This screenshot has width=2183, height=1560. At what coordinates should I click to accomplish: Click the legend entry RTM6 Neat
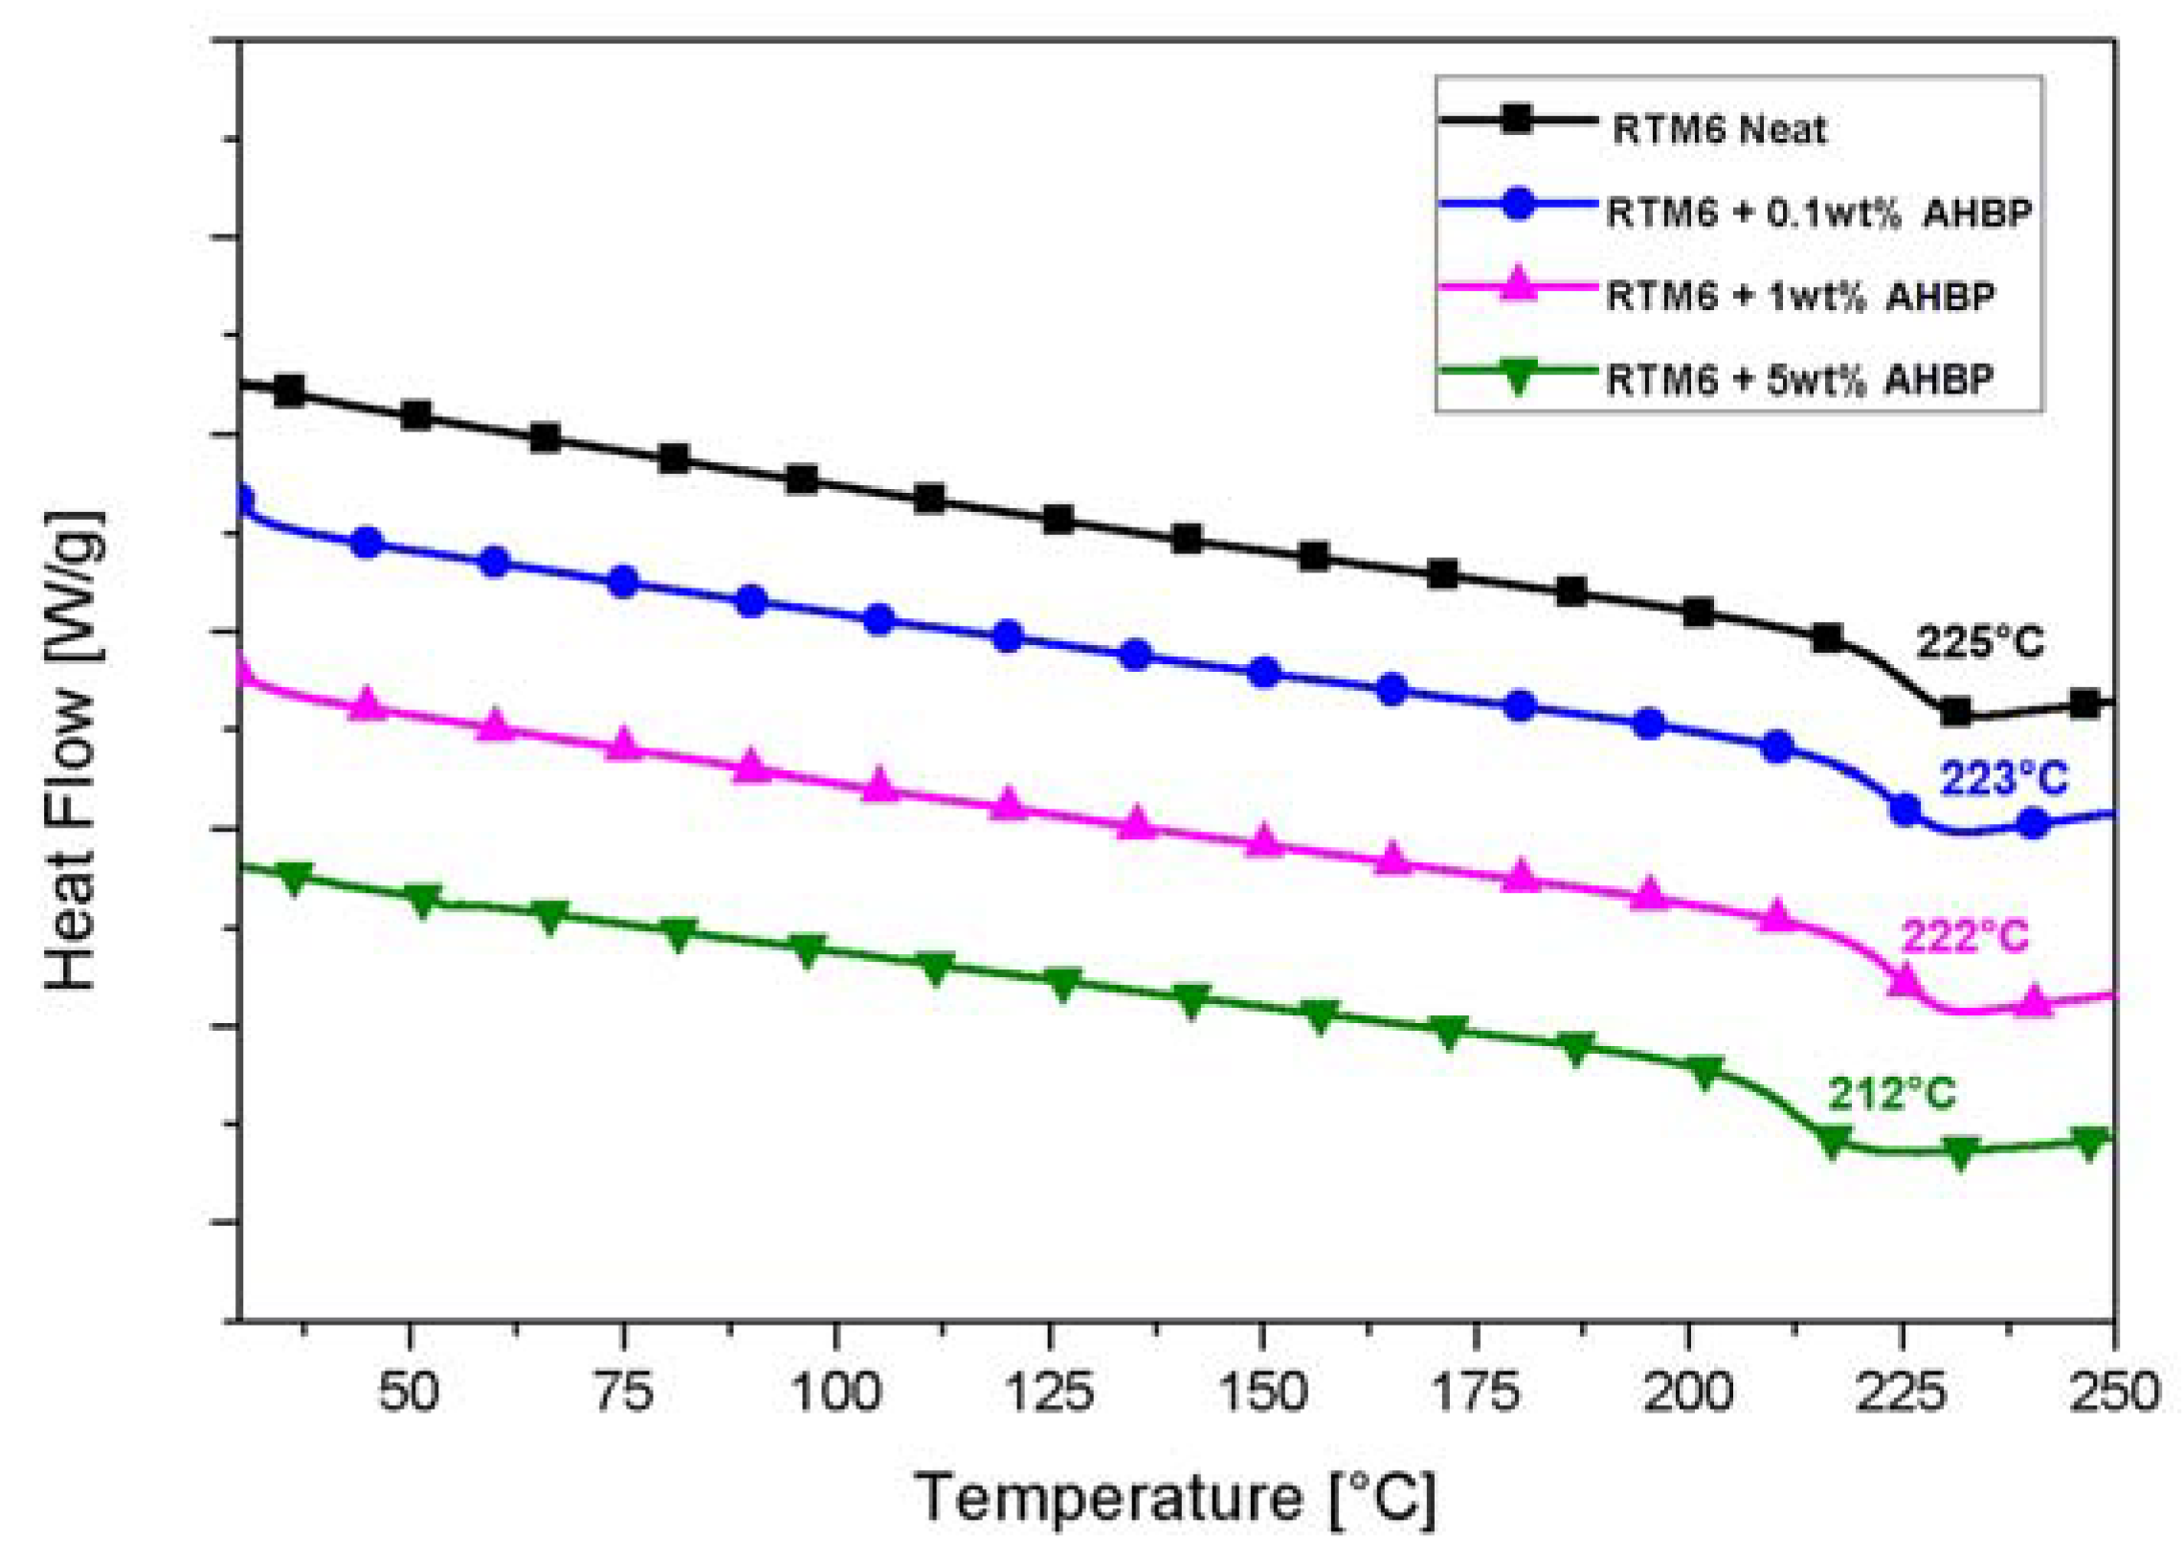[x=1718, y=128]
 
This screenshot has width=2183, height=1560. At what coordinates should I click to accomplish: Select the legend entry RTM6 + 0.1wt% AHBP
[x=1818, y=212]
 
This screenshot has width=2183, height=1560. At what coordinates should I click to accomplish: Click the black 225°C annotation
[x=1979, y=641]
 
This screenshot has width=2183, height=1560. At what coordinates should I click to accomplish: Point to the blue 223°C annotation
[x=2002, y=778]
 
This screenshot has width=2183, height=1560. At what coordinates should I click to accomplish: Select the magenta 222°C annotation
[x=1965, y=936]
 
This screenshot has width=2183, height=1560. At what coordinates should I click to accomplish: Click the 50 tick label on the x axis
[x=409, y=1392]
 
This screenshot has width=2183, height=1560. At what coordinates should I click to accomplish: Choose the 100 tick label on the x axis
[x=835, y=1392]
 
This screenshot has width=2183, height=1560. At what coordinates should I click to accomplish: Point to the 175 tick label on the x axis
[x=1474, y=1392]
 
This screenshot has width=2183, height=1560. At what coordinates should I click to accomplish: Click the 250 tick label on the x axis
[x=2114, y=1392]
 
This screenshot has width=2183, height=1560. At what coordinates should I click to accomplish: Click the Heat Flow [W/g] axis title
[x=72, y=750]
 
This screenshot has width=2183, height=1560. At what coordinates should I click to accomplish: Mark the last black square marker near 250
[x=2084, y=704]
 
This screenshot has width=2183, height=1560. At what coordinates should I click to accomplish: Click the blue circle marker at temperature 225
[x=1905, y=810]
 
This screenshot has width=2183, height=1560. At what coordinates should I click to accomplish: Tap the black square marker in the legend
[x=1517, y=121]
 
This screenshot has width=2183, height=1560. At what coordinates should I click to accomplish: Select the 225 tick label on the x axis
[x=1901, y=1392]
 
